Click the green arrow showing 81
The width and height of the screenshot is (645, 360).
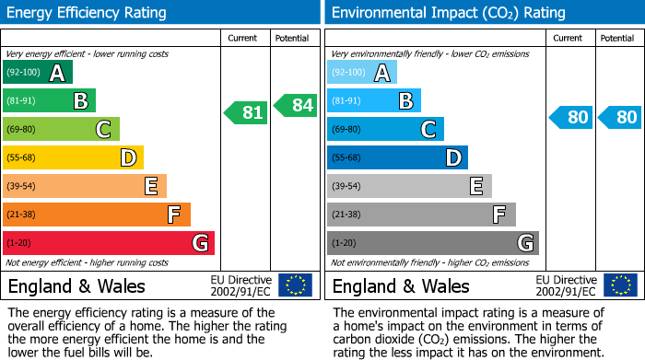246,112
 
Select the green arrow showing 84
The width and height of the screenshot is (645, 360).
295,105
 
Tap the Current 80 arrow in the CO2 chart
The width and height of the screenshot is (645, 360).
570,117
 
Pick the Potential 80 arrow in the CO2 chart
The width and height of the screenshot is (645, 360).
619,117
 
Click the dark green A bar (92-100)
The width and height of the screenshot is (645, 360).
37,73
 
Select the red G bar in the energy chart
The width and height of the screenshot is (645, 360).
108,243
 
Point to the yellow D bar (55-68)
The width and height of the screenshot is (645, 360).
73,158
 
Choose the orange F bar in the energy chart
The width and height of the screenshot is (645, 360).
97,215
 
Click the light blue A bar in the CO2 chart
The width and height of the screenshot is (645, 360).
361,73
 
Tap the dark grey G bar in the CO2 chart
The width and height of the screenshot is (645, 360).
432,243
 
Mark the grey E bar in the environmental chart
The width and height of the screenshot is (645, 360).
409,186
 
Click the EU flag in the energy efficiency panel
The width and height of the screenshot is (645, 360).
295,285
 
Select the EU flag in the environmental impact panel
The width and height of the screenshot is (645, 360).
619,285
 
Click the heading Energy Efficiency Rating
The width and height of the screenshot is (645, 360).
88,13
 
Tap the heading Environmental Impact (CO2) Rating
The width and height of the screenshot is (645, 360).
448,13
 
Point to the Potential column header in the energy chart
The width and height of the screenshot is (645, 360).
290,38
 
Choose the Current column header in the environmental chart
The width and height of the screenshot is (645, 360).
569,38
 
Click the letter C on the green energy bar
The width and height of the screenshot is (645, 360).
104,130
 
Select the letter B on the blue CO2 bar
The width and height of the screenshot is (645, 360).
405,101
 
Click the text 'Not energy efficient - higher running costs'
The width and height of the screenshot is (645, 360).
88,262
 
